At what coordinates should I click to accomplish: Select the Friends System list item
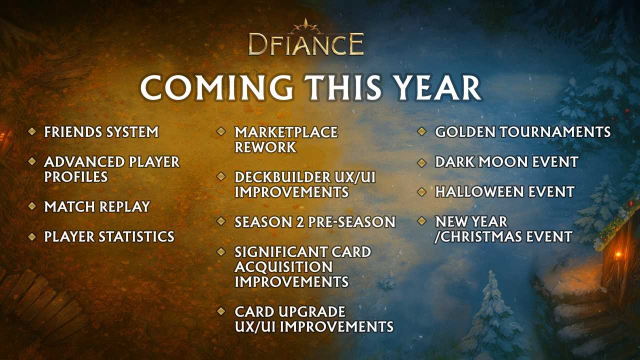pyautogui.click(x=101, y=132)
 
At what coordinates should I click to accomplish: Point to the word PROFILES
pyautogui.click(x=76, y=177)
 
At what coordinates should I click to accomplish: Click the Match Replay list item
pyautogui.click(x=97, y=206)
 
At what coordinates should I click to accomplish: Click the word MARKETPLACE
pyautogui.click(x=286, y=132)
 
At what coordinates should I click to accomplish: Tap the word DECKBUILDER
pyautogui.click(x=281, y=177)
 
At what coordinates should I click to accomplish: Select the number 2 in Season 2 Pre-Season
pyautogui.click(x=300, y=222)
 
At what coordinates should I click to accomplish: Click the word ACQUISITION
pyautogui.click(x=283, y=267)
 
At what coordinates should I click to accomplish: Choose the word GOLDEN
pyautogui.click(x=465, y=132)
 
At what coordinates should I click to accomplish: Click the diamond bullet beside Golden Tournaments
pyautogui.click(x=421, y=131)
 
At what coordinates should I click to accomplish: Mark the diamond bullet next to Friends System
pyautogui.click(x=31, y=131)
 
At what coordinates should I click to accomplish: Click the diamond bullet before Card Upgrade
pyautogui.click(x=221, y=311)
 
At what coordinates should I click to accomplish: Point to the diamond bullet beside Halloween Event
pyautogui.click(x=421, y=191)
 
